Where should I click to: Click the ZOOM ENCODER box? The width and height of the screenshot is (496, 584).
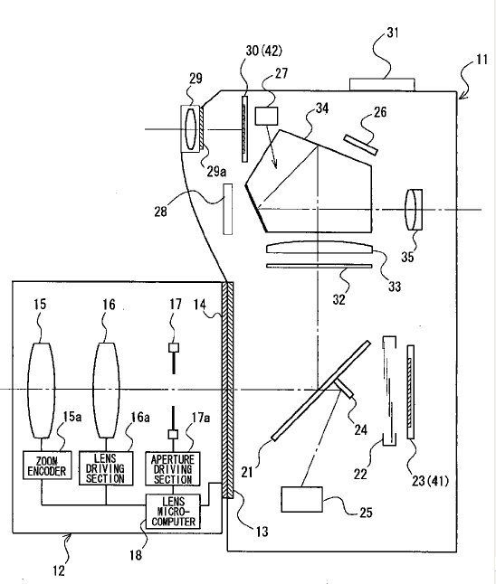[47, 466]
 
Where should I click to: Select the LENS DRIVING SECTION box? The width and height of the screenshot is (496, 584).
[106, 468]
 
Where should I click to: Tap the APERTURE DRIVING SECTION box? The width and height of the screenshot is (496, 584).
[172, 469]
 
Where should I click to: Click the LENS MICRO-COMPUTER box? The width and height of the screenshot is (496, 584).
[173, 512]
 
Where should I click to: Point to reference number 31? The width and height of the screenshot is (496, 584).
[392, 33]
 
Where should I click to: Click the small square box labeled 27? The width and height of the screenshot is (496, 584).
[266, 116]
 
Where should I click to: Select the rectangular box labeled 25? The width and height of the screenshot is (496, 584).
[301, 499]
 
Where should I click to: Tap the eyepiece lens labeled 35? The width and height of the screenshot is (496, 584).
[414, 210]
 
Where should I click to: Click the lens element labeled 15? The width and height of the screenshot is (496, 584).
[42, 391]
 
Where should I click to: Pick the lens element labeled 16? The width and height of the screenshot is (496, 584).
[106, 391]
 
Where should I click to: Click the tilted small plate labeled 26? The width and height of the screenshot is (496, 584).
[360, 145]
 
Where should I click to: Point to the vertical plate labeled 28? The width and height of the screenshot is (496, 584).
[227, 209]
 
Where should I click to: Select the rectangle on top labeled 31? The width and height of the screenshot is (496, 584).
[382, 85]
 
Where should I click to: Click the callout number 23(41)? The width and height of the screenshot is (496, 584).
[430, 481]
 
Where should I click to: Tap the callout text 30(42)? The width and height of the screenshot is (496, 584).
[263, 51]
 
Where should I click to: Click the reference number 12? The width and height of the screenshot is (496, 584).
[59, 570]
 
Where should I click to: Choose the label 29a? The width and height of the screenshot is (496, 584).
[216, 172]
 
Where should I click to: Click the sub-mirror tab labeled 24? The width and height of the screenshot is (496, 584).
[344, 388]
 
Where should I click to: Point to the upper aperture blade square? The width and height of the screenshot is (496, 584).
[174, 347]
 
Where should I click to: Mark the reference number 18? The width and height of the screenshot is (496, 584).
[136, 555]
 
